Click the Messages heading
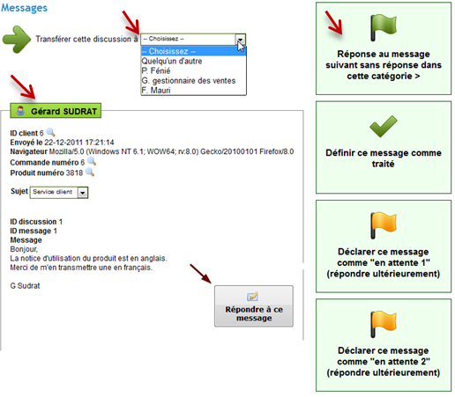(24, 8)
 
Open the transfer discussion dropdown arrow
(240, 39)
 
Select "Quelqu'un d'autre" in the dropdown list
(172, 61)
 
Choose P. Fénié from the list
(156, 70)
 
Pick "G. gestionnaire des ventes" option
(189, 80)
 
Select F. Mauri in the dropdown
(156, 90)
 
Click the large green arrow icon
(17, 40)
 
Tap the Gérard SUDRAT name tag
(56, 111)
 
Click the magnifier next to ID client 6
(51, 132)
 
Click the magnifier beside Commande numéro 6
(92, 161)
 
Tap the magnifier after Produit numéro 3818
(90, 172)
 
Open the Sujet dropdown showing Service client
(59, 192)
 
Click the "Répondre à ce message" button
(254, 306)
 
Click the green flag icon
(383, 27)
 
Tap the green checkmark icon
(384, 127)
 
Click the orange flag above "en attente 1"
(383, 225)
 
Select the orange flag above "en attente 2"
(383, 324)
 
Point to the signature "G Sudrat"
(25, 286)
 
